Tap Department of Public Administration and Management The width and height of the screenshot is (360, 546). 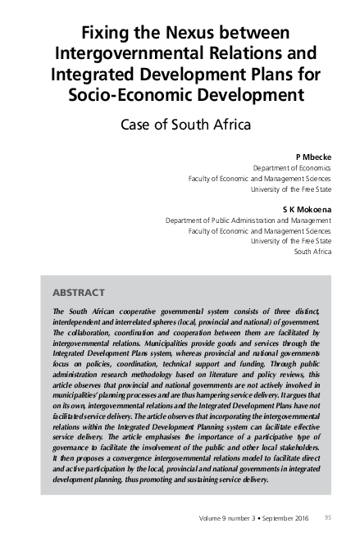248,221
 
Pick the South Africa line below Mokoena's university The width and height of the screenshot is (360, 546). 312,252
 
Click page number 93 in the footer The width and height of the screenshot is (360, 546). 328,518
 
